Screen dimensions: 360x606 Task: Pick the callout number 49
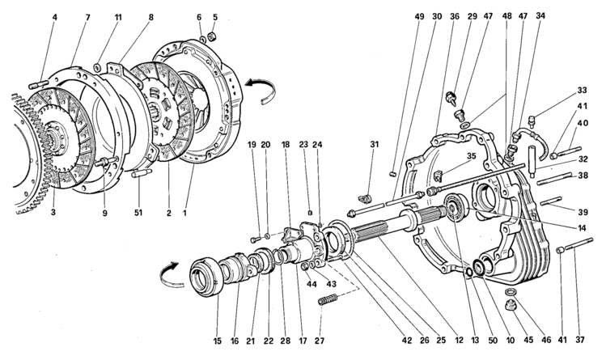click(x=396, y=16)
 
